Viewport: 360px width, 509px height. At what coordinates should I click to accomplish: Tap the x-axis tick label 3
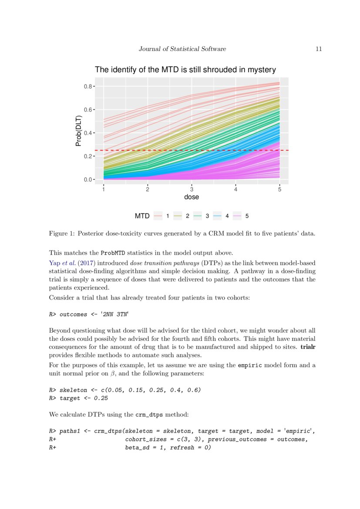[x=192, y=189]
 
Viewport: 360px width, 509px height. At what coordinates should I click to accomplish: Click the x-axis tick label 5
[x=279, y=189]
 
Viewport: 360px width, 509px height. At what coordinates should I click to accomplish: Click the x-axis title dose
[x=192, y=197]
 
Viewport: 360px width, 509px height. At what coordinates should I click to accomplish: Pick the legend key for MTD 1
[x=158, y=216]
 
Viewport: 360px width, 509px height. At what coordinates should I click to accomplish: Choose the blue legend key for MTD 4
[x=217, y=216]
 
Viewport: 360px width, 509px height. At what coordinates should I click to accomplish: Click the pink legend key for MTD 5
[x=237, y=216]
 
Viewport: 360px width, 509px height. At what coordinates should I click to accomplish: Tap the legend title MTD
[x=142, y=216]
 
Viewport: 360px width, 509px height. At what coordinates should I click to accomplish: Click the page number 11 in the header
[x=319, y=49]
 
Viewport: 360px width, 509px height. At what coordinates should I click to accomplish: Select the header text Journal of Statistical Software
[x=182, y=49]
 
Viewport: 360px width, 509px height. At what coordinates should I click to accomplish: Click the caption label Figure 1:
[x=62, y=233]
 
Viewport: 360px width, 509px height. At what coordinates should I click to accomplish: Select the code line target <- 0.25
[x=84, y=398]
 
